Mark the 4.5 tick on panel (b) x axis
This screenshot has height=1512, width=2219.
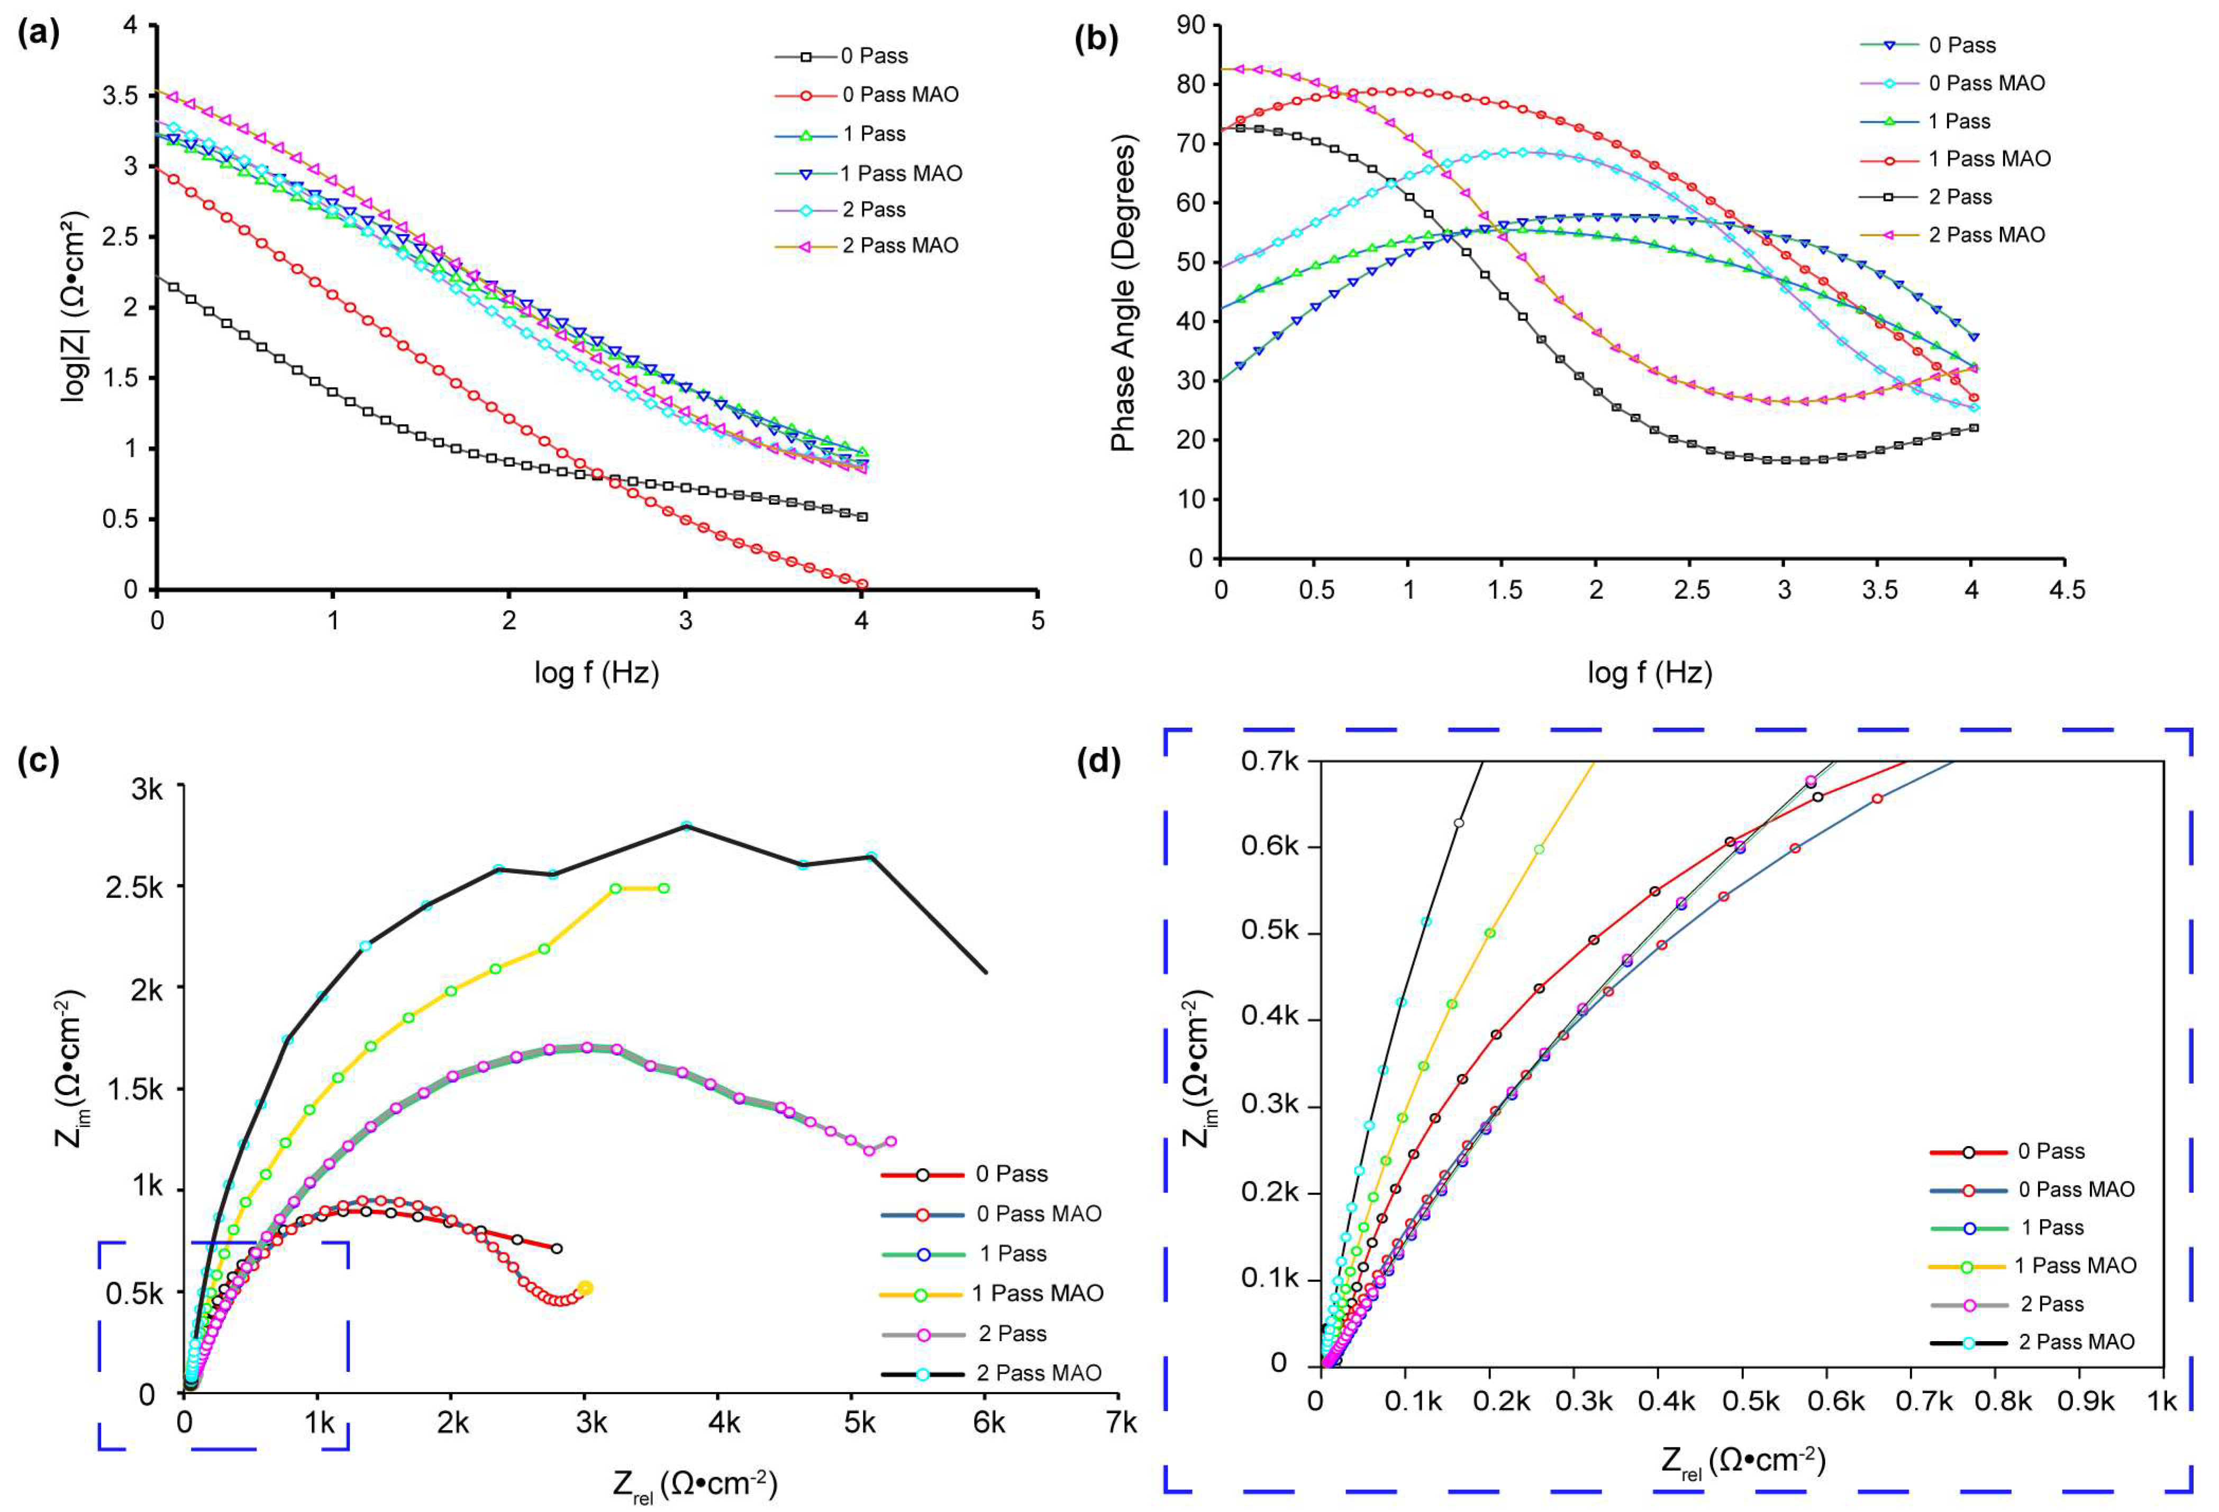pyautogui.click(x=2065, y=590)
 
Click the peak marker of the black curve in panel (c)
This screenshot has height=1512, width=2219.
pyautogui.click(x=686, y=826)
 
